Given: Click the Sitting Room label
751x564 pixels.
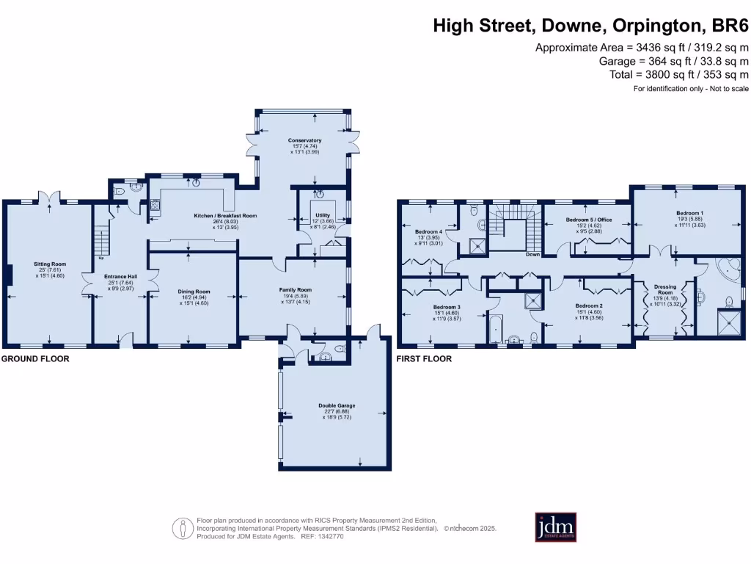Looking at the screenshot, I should pos(49,263).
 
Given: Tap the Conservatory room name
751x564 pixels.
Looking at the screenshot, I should pos(304,140).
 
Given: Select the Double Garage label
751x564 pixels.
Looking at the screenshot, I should pos(337,405).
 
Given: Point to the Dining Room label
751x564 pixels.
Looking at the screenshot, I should pos(194,292).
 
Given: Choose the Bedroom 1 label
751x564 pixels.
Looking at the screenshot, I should pos(689,213).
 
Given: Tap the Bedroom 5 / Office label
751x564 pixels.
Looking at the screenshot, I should pos(588,220).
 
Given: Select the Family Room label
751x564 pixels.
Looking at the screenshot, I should pos(295,289).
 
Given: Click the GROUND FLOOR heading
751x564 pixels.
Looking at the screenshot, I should pos(35,359).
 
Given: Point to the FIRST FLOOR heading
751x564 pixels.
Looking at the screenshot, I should pos(424,359).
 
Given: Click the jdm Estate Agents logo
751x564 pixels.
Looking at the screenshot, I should pos(555,527).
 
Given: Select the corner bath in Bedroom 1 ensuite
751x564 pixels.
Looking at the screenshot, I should pos(728,270).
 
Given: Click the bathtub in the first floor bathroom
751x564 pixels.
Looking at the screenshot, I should pos(497,328).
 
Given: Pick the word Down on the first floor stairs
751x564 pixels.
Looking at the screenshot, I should pos(532,255).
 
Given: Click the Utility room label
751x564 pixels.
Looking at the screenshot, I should pos(323,216).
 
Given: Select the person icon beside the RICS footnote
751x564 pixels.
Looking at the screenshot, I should pos(181,527).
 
